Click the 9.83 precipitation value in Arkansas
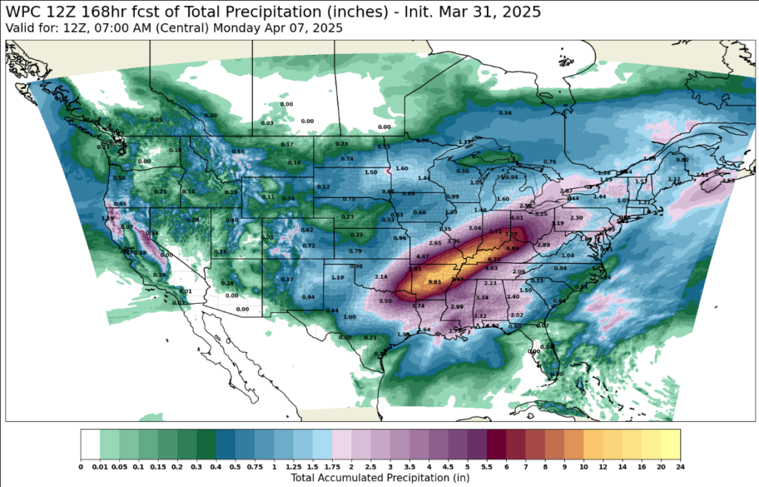coord(435,282)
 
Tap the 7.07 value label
coord(511,234)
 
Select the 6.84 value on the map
coord(512,248)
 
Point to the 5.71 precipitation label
coord(496,231)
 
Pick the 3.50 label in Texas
coord(385,301)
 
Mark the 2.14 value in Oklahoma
coord(382,276)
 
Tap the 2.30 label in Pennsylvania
coord(576,217)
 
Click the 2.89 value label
coord(543,245)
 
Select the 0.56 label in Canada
coord(506,113)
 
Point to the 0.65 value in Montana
coord(239,151)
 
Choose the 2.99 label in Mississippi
coord(457,307)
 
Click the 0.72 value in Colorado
coord(309,245)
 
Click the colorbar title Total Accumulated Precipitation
coord(379,478)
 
